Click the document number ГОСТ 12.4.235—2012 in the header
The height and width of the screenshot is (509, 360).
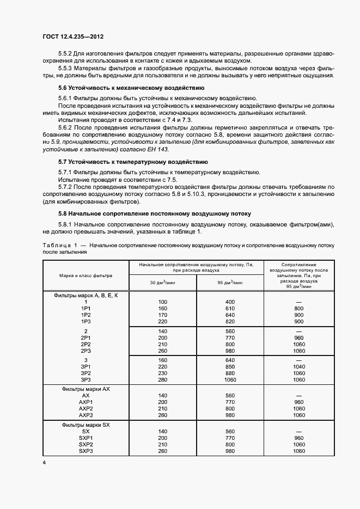click(73, 37)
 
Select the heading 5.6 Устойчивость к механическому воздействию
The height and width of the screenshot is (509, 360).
click(131, 87)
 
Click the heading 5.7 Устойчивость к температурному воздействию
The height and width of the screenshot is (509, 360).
click(132, 162)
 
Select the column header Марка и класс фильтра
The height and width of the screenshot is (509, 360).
click(86, 275)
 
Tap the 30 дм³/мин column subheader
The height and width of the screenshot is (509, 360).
click(162, 282)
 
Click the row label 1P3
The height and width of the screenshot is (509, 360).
click(86, 322)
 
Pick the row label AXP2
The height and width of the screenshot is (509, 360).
click(86, 408)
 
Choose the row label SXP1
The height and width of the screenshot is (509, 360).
click(86, 437)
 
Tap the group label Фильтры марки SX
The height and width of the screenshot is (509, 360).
click(86, 424)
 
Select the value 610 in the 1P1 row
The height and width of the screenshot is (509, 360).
click(229, 308)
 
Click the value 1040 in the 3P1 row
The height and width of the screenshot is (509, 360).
click(298, 366)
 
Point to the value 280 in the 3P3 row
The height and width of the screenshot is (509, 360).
click(162, 379)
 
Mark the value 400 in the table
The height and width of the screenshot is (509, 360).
click(229, 302)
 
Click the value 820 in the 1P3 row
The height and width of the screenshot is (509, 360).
click(229, 322)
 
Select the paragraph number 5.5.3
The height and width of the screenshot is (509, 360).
click(67, 69)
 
